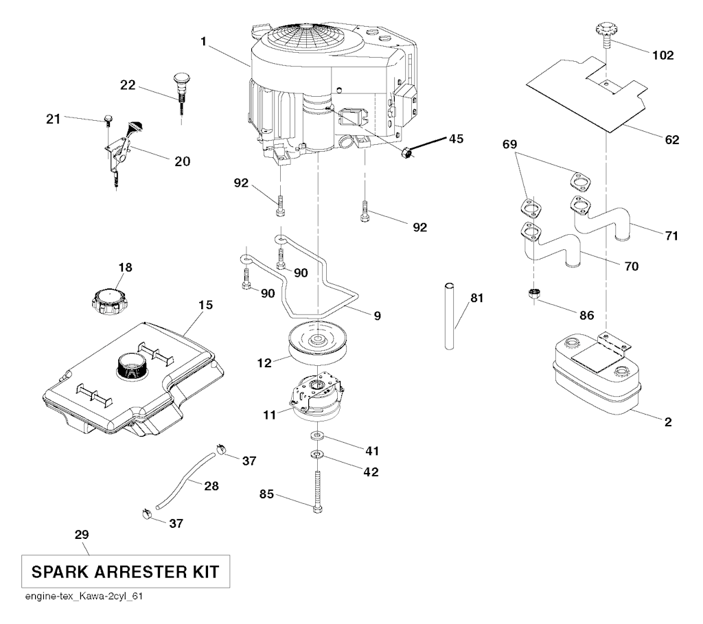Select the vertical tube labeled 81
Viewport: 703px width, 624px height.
[450, 315]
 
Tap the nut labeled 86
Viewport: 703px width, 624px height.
[533, 294]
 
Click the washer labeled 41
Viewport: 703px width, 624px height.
[317, 436]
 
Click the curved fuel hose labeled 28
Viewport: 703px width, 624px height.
[184, 477]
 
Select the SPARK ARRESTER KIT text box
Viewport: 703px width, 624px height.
[124, 570]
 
